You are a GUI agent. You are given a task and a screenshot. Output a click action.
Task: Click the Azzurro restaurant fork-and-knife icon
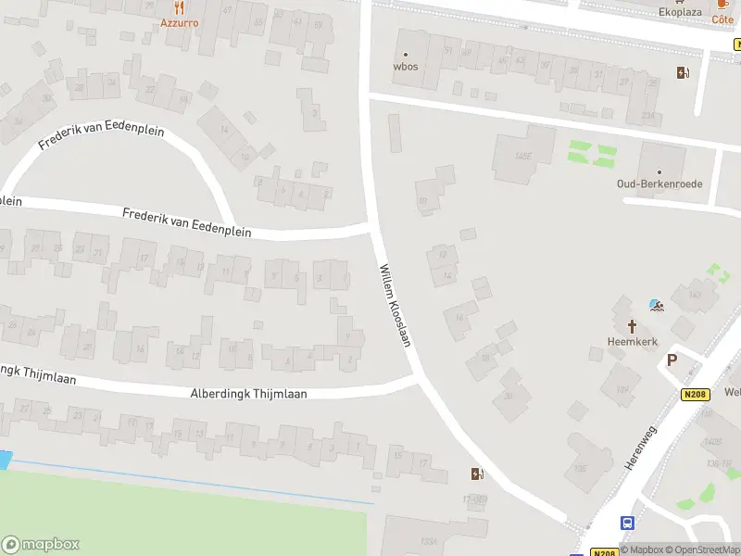(x=179, y=7)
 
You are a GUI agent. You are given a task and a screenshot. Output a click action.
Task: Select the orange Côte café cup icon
(x=722, y=5)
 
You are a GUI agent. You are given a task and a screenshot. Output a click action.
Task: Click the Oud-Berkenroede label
(x=659, y=183)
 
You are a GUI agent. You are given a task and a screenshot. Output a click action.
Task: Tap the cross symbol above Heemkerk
(x=633, y=326)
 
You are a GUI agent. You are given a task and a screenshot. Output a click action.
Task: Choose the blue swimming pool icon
(x=656, y=305)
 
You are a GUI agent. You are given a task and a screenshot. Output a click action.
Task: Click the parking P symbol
(x=672, y=360)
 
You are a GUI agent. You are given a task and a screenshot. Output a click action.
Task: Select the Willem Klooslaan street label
(x=394, y=306)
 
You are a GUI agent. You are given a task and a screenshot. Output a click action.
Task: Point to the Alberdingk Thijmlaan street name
(x=248, y=393)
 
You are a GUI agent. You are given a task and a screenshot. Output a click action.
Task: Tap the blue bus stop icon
(x=627, y=524)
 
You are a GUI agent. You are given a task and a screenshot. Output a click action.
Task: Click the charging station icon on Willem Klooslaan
(x=477, y=474)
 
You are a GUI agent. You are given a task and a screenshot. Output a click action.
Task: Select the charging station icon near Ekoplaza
(x=684, y=73)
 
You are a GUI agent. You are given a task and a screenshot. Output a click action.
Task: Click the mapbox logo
(x=40, y=545)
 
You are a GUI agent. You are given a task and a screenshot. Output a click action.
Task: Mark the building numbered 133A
(x=428, y=540)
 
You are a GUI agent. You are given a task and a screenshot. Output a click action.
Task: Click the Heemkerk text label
(x=632, y=341)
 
